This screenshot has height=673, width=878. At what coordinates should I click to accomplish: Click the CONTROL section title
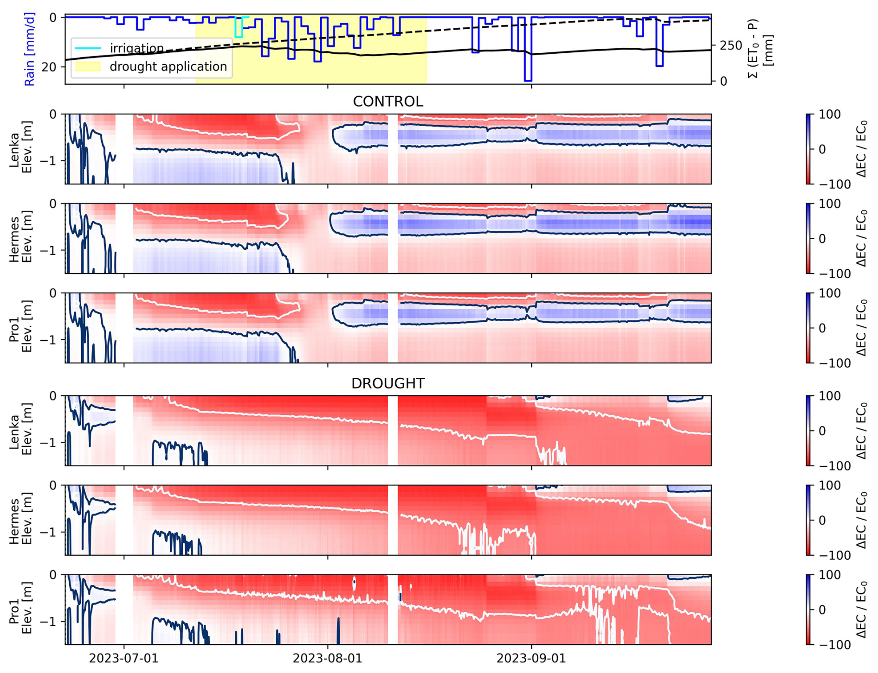pos(388,102)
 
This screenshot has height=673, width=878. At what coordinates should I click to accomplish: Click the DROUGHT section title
pos(388,383)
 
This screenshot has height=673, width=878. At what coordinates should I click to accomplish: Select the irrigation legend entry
pos(136,48)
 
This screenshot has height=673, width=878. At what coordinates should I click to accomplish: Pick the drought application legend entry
pos(168,67)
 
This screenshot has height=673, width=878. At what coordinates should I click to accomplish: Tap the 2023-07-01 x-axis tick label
pos(123,659)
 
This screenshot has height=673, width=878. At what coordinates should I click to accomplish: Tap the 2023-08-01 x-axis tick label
pos(327,659)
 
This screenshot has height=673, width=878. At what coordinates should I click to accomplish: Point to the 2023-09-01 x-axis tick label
pos(531,659)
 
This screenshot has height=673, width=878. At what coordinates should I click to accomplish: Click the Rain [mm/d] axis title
pos(30,49)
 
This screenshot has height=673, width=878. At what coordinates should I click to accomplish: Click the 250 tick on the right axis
pos(731,46)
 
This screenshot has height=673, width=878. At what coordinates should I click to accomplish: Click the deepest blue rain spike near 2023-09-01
pos(528,79)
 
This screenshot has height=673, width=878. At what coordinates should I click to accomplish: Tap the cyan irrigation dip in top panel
pos(239,33)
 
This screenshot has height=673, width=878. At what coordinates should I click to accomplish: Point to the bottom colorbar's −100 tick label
pos(833,645)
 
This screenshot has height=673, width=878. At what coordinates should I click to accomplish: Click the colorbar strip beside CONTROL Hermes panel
pos(809,238)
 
